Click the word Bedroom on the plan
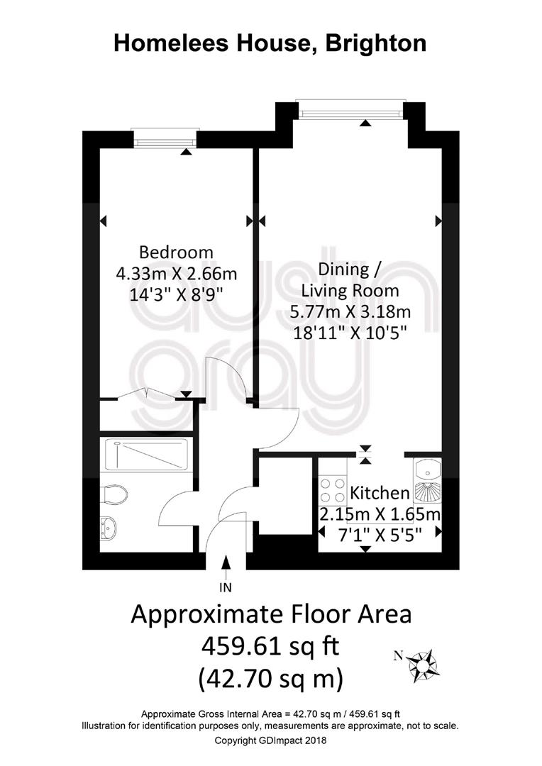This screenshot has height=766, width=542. pyautogui.click(x=176, y=252)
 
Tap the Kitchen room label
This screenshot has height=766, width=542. pyautogui.click(x=380, y=493)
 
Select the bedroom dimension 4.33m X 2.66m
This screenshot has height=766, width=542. pyautogui.click(x=176, y=274)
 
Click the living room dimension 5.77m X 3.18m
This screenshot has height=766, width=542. pyautogui.click(x=350, y=311)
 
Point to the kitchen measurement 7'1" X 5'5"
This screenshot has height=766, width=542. pyautogui.click(x=380, y=535)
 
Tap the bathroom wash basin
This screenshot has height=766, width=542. pyautogui.click(x=109, y=528)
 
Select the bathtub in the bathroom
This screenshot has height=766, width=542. pyautogui.click(x=148, y=455)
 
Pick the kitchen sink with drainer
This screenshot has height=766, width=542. pyautogui.click(x=428, y=481)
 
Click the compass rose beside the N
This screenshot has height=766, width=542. pyautogui.click(x=422, y=664)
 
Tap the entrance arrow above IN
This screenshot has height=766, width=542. pyautogui.click(x=226, y=567)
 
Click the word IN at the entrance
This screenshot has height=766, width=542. pyautogui.click(x=226, y=587)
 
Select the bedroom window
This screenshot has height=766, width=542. pyautogui.click(x=165, y=142)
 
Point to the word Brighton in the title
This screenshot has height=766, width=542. pyautogui.click(x=376, y=43)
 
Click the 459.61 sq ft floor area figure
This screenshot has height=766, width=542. pyautogui.click(x=270, y=647)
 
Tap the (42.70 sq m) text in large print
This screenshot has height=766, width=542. pyautogui.click(x=270, y=679)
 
